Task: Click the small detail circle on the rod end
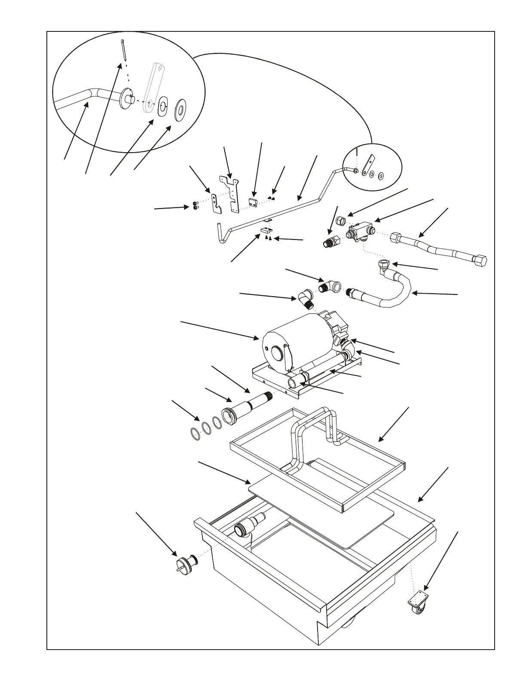(x=372, y=167)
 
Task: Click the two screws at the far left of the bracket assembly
(x=195, y=206)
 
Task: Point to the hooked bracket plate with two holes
(x=217, y=204)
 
